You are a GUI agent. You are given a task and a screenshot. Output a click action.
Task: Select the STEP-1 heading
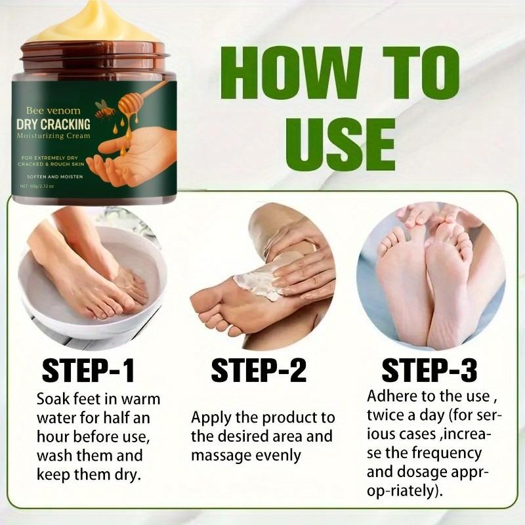88,371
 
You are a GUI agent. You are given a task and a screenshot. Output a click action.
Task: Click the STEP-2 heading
259,371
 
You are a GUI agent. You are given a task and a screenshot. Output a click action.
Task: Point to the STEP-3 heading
429,371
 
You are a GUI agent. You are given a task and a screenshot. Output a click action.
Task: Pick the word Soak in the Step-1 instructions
52,399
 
